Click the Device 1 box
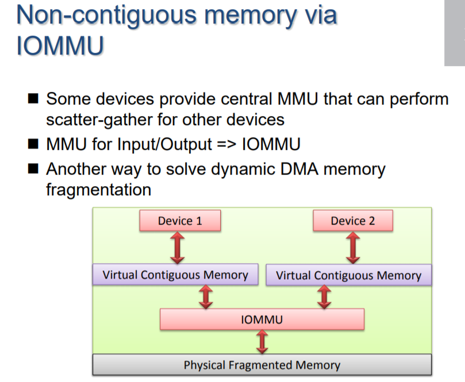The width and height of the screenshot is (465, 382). pyautogui.click(x=180, y=221)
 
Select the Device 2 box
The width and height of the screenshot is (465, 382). pyautogui.click(x=353, y=221)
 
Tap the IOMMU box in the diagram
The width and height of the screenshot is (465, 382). pyautogui.click(x=262, y=319)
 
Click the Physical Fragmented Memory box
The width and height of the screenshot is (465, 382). pyautogui.click(x=262, y=365)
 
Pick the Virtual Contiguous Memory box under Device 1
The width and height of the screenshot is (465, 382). pyautogui.click(x=175, y=275)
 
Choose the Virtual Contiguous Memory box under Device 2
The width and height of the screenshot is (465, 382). pyautogui.click(x=349, y=275)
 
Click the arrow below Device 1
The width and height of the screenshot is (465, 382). pyautogui.click(x=178, y=248)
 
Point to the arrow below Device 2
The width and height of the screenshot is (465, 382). pyautogui.click(x=353, y=248)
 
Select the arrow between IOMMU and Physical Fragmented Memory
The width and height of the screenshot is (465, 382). pyautogui.click(x=262, y=342)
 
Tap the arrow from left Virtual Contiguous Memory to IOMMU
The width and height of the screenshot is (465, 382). pyautogui.click(x=206, y=297)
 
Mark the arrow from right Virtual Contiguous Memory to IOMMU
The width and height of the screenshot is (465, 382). pyautogui.click(x=324, y=297)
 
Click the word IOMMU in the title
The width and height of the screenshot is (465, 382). pyautogui.click(x=60, y=45)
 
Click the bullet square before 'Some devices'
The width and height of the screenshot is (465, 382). pyautogui.click(x=33, y=98)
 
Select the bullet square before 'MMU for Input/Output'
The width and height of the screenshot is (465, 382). pyautogui.click(x=33, y=144)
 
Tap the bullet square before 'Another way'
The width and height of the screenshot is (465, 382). pyautogui.click(x=33, y=169)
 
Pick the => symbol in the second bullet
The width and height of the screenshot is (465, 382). pyautogui.click(x=226, y=144)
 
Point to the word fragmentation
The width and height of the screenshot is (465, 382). pyautogui.click(x=98, y=190)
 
